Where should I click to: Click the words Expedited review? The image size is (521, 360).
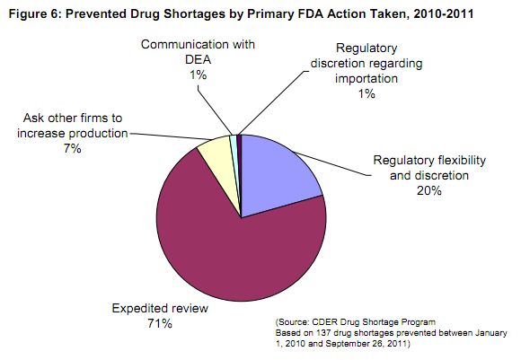(x=159, y=308)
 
